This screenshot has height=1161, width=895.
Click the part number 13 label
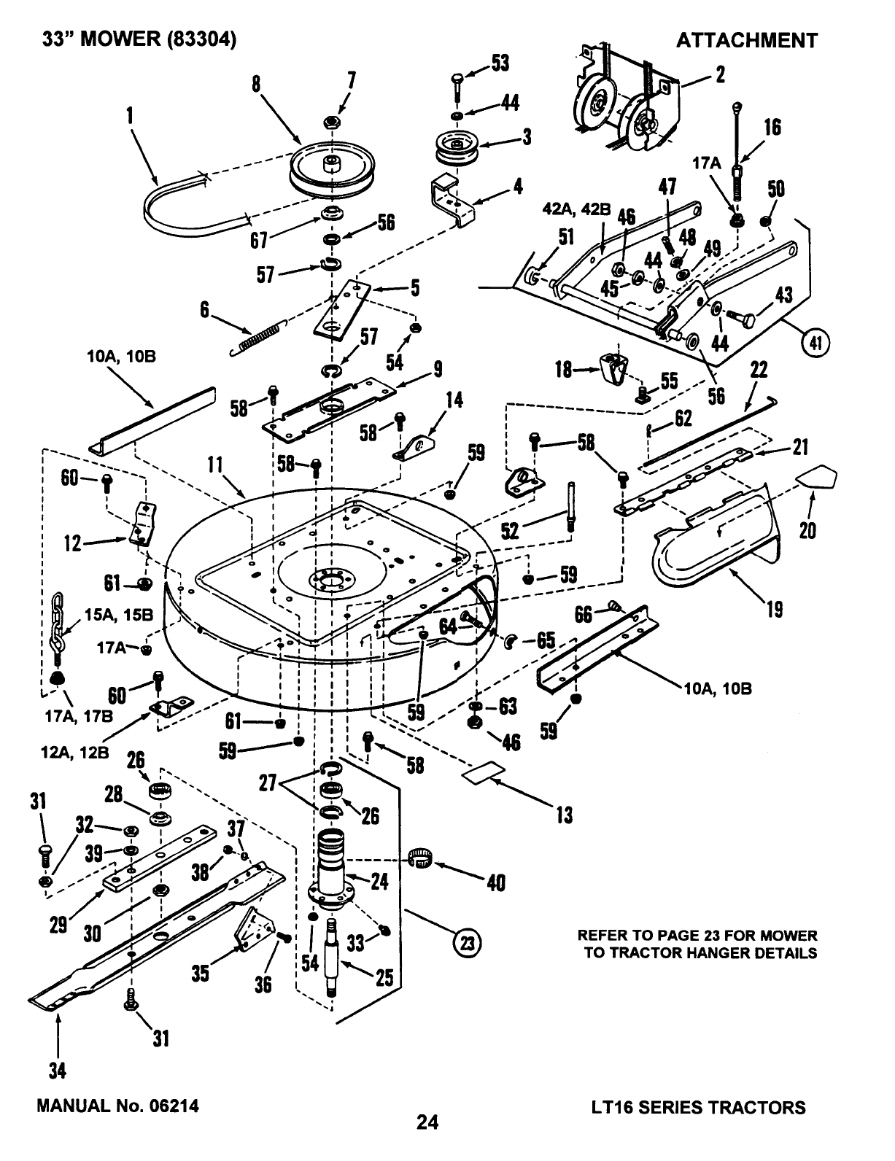tap(564, 814)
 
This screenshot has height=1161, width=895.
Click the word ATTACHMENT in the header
tap(747, 41)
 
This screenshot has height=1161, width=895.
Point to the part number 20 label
tap(807, 531)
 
